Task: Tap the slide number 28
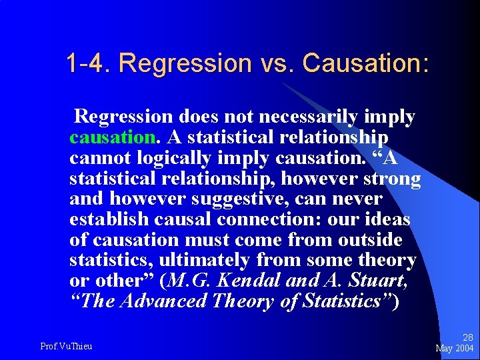(x=467, y=338)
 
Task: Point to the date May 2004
(x=454, y=348)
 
